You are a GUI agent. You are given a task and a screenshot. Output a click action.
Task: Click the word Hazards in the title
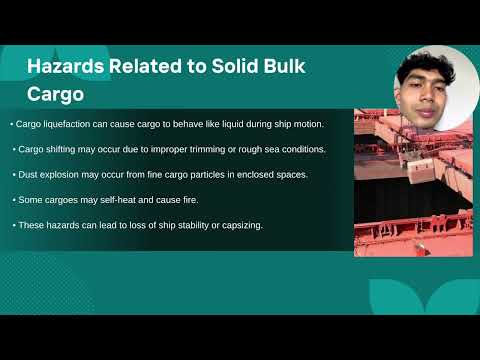click(61, 67)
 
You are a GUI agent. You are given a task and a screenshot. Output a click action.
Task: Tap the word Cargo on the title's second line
click(54, 93)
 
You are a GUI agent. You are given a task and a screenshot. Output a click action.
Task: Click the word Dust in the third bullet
click(29, 174)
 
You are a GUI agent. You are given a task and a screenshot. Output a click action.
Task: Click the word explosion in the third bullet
click(66, 174)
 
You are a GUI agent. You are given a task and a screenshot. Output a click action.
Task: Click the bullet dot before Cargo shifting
click(14, 149)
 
